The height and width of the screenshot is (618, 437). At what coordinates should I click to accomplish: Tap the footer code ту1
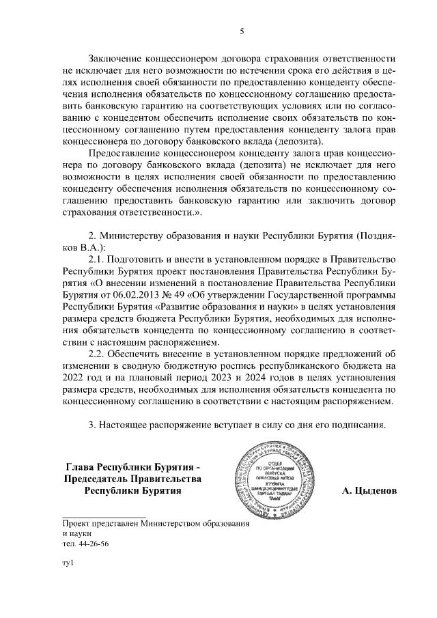click(67, 563)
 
